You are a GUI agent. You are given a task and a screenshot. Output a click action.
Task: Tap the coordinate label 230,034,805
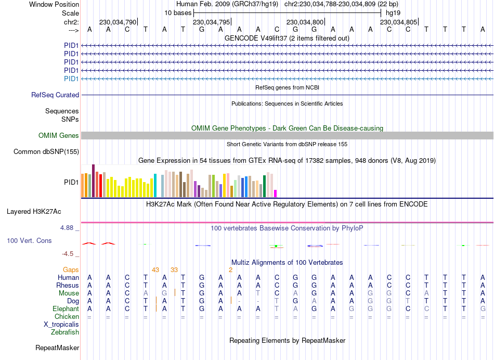(398, 22)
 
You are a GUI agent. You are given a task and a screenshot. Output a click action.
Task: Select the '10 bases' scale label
(178, 12)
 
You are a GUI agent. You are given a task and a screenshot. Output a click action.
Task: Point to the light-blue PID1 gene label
(71, 79)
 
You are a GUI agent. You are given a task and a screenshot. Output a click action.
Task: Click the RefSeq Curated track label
(55, 95)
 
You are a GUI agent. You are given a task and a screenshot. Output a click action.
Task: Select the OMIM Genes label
(59, 136)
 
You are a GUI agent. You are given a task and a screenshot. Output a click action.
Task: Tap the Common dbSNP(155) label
(47, 152)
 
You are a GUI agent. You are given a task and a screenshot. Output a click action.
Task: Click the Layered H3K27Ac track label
(34, 212)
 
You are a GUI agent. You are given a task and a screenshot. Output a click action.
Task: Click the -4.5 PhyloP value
(70, 254)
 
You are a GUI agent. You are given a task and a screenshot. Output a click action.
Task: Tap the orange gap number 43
(155, 269)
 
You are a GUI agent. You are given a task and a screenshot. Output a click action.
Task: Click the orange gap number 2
(230, 269)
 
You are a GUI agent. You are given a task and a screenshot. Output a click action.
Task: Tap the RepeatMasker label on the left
(57, 348)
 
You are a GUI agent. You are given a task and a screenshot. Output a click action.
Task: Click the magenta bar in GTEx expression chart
(276, 194)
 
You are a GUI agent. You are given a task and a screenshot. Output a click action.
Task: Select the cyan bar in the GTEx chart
(155, 186)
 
